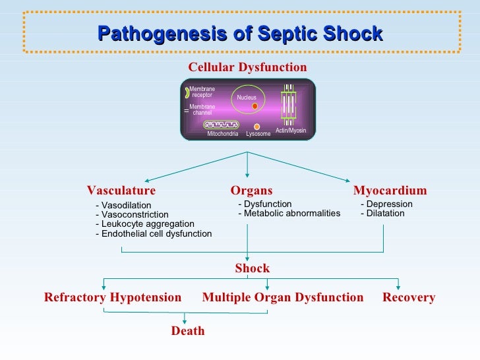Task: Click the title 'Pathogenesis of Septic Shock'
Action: [240, 34]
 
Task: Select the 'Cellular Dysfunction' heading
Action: [247, 67]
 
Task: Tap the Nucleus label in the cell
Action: [247, 98]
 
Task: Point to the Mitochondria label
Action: [222, 134]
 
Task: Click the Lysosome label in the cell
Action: [258, 134]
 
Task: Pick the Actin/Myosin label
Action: [291, 131]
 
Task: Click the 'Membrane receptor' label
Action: [202, 92]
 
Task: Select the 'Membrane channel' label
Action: [202, 110]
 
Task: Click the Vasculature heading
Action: [121, 191]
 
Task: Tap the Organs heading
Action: [251, 191]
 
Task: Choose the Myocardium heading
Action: [390, 191]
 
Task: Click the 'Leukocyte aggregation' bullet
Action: [145, 224]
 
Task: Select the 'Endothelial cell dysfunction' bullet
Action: [154, 233]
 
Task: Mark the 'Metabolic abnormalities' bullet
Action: [289, 213]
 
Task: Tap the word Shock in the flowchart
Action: [253, 268]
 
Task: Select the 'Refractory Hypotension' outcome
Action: [113, 297]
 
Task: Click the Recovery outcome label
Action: [409, 297]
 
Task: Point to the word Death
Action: [188, 331]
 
